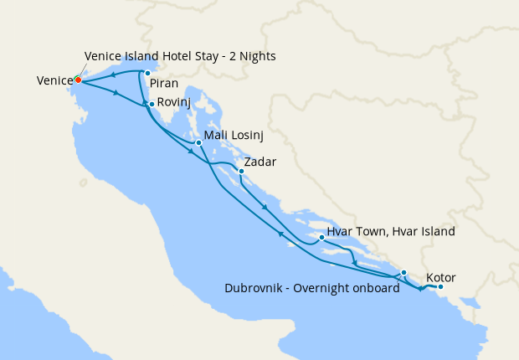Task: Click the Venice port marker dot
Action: point(77,80)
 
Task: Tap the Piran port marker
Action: point(147,73)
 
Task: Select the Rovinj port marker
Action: point(151,104)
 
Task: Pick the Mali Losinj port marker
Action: point(198,142)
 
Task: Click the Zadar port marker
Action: point(241,172)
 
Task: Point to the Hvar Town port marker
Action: point(321,237)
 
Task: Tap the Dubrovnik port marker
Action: point(403,272)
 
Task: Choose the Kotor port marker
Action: point(440,287)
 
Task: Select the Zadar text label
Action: point(259,162)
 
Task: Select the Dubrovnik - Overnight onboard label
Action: point(306,288)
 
